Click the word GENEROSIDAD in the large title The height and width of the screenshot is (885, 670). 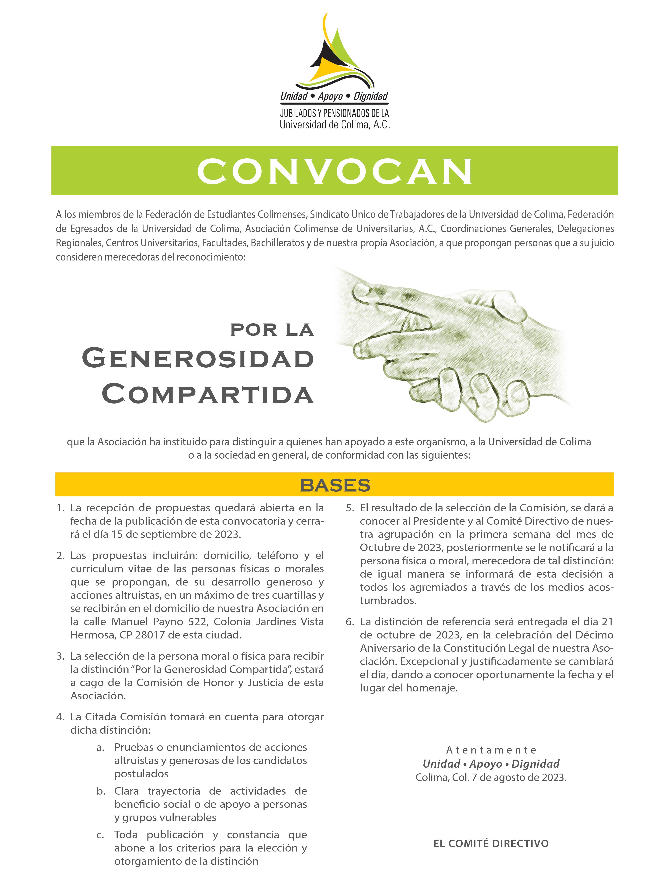pyautogui.click(x=198, y=358)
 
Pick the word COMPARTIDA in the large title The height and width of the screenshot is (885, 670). pyautogui.click(x=208, y=394)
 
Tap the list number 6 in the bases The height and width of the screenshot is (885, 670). pyautogui.click(x=350, y=622)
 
